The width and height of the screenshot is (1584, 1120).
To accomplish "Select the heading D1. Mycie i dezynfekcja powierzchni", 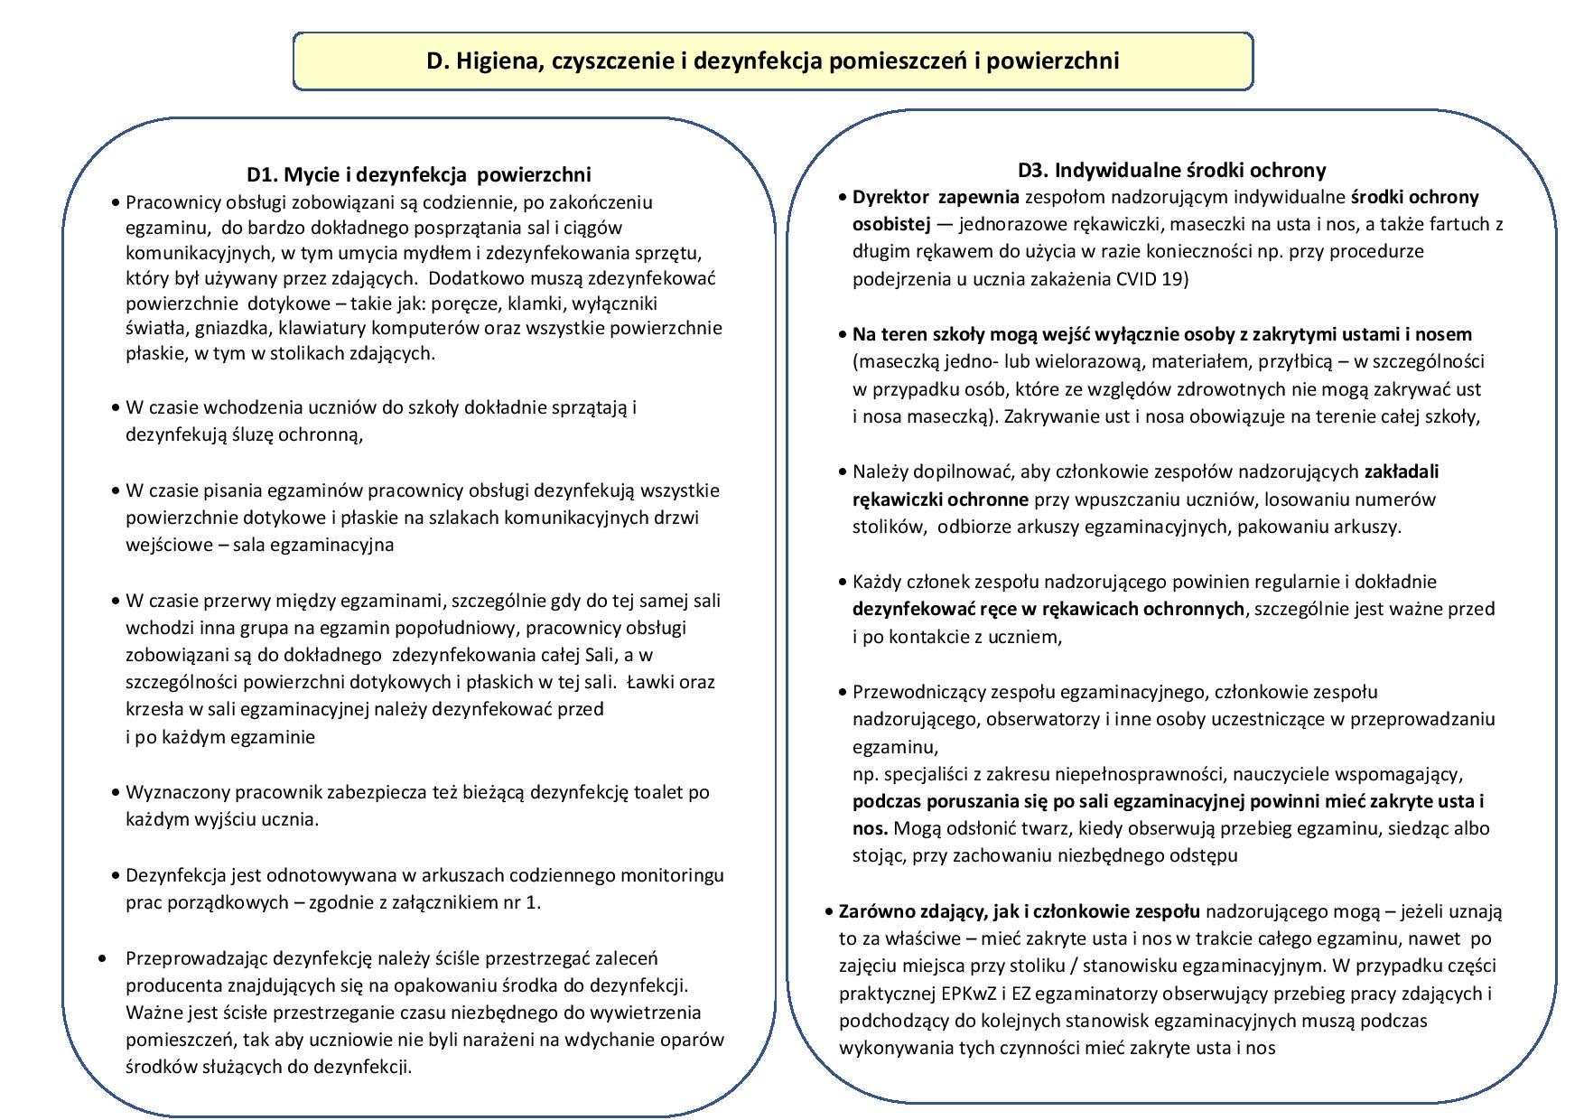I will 419,174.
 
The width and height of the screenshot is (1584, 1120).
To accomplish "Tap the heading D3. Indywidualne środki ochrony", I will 1171,170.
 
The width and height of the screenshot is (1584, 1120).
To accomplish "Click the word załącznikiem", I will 449,901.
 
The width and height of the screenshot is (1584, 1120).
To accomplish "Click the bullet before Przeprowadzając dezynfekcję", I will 102,958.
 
